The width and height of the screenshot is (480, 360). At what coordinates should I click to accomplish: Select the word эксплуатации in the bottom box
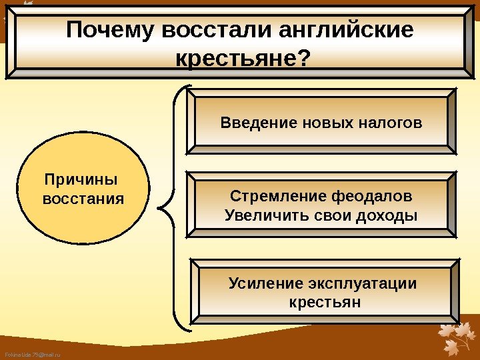(x=361, y=284)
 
